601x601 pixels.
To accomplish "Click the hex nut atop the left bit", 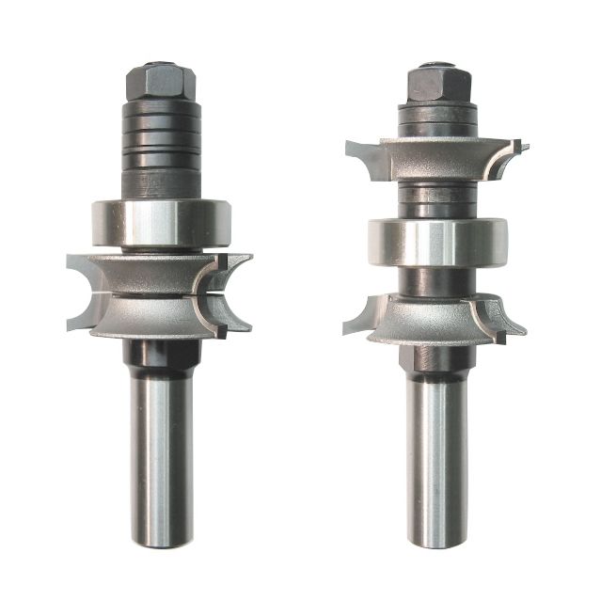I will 158,81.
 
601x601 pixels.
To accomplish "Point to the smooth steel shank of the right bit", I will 438,461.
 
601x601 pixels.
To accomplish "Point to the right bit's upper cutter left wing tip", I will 352,148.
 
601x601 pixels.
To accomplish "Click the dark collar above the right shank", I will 437,357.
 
